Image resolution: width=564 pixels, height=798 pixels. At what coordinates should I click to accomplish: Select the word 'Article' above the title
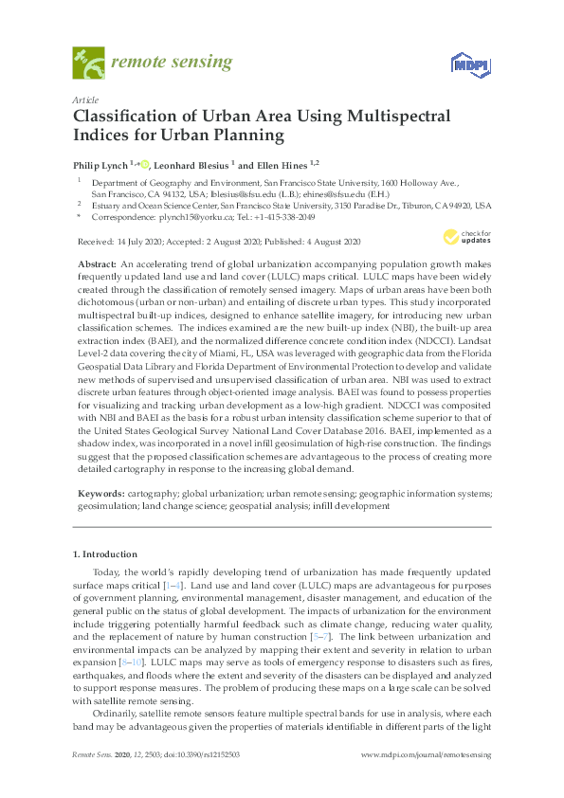click(x=85, y=100)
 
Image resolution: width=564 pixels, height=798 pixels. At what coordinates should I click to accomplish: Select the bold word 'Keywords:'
click(x=100, y=494)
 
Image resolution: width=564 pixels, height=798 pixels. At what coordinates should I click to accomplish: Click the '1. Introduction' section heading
click(x=105, y=553)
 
